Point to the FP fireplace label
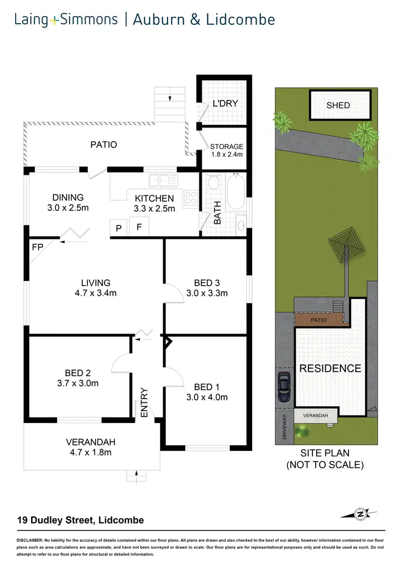point(37,248)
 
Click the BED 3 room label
point(207,282)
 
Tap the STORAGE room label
point(227,146)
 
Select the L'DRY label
point(225,103)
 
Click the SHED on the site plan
point(339,105)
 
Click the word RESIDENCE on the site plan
point(330,369)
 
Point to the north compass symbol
point(359,514)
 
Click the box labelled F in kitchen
point(139,228)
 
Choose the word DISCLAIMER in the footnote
point(33,539)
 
